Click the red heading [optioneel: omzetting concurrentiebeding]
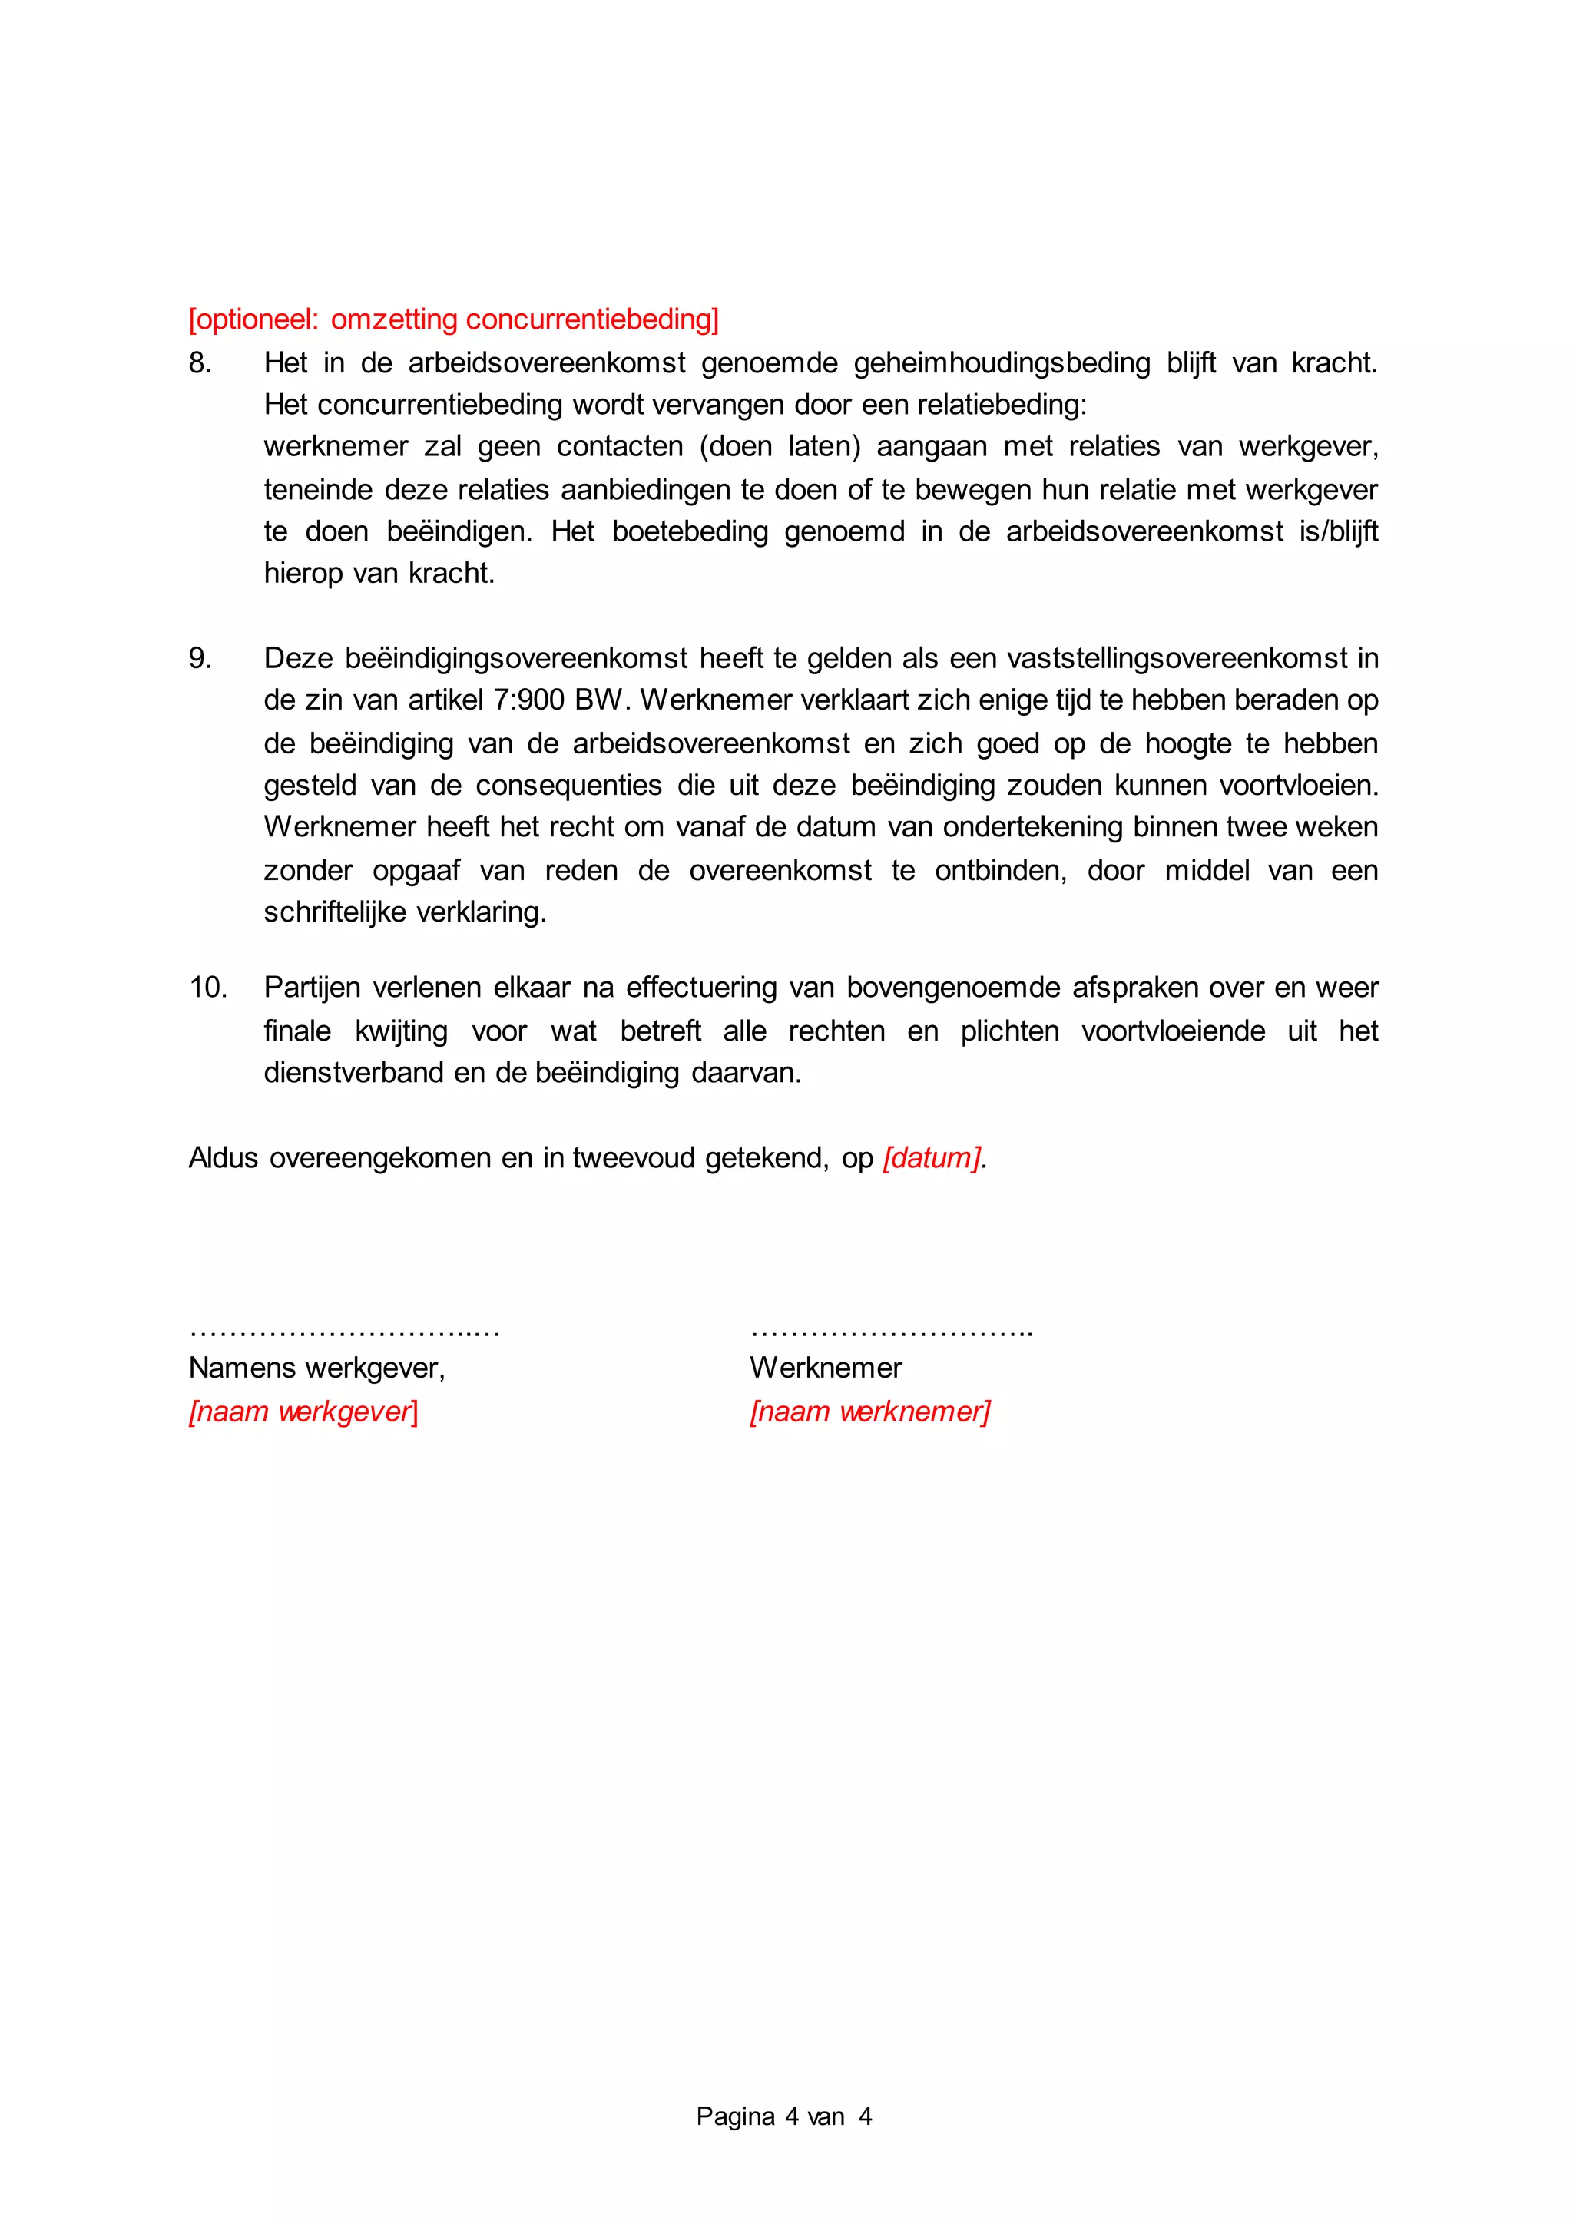(453, 319)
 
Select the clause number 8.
(200, 363)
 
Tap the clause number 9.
(200, 659)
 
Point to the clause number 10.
(207, 988)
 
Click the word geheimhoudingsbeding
(1002, 363)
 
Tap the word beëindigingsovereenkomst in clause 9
(516, 659)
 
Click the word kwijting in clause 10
(401, 1031)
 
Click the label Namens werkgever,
(316, 1368)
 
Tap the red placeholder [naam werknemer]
(869, 1412)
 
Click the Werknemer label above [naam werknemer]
(825, 1368)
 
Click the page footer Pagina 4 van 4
(783, 2116)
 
